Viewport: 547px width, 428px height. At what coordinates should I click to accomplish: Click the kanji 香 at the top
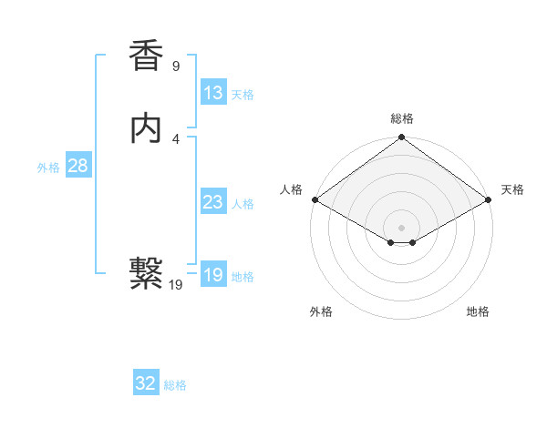[x=146, y=56]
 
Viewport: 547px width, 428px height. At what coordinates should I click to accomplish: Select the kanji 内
[x=146, y=128]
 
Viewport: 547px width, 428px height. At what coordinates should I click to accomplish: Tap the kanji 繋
[x=146, y=272]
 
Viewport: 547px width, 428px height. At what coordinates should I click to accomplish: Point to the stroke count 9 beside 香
[x=176, y=66]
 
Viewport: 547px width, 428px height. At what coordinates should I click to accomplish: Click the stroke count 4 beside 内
[x=176, y=138]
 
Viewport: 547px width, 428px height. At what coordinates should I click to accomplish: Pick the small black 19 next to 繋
[x=176, y=284]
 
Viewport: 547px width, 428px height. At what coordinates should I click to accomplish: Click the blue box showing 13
[x=213, y=93]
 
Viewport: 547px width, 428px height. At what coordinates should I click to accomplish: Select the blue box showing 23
[x=213, y=202]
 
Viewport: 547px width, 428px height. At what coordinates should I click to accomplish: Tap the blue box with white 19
[x=213, y=275]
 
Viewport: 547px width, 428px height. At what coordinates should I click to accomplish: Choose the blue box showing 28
[x=77, y=166]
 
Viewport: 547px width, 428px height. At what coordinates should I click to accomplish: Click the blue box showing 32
[x=146, y=383]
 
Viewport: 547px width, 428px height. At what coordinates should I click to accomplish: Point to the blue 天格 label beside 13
[x=243, y=95]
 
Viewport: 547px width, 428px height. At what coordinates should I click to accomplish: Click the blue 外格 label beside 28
[x=48, y=168]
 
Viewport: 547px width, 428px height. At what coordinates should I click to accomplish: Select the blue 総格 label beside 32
[x=175, y=385]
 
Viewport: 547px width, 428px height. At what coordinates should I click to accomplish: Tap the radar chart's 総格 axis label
[x=402, y=118]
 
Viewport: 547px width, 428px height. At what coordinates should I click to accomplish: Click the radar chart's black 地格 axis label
[x=478, y=311]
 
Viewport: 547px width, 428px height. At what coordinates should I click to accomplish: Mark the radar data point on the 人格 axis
[x=314, y=199]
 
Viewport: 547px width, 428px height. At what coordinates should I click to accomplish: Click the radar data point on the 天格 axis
[x=490, y=199]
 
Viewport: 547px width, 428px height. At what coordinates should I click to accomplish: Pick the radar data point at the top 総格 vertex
[x=402, y=139]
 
